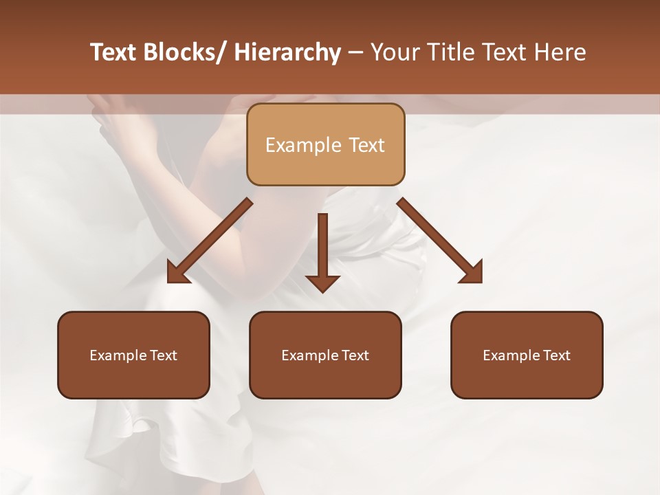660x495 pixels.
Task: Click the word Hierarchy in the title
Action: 287,52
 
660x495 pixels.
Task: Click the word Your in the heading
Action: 395,52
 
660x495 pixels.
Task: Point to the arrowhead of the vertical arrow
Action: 322,283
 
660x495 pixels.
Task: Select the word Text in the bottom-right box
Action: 556,355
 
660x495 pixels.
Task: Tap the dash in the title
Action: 355,52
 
